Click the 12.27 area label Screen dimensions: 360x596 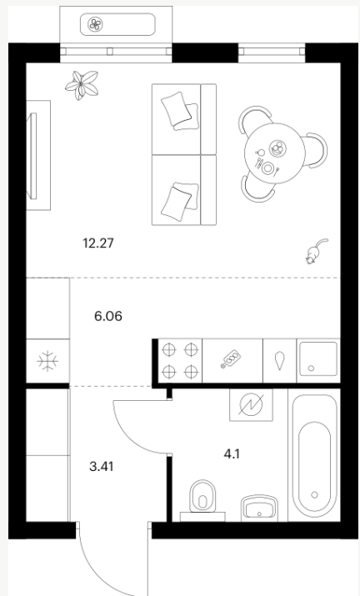pyautogui.click(x=98, y=243)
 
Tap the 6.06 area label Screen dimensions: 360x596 pyautogui.click(x=108, y=316)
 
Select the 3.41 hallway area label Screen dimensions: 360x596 pyautogui.click(x=102, y=466)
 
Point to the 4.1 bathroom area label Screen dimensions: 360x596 pyautogui.click(x=232, y=453)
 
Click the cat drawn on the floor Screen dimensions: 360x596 pyautogui.click(x=317, y=251)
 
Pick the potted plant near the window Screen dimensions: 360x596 pyautogui.click(x=82, y=85)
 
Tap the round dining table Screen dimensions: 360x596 pyautogui.click(x=274, y=153)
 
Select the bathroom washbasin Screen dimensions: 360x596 pyautogui.click(x=259, y=508)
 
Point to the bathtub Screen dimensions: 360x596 pyautogui.click(x=314, y=455)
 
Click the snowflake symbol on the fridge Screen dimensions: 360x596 pyautogui.click(x=47, y=361)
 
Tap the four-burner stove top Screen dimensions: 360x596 pyautogui.click(x=180, y=361)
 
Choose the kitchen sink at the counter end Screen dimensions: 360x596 pyautogui.click(x=318, y=359)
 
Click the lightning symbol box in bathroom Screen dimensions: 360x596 pyautogui.click(x=251, y=404)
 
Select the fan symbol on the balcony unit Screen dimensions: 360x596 pyautogui.click(x=95, y=25)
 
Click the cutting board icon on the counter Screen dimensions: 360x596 pyautogui.click(x=231, y=359)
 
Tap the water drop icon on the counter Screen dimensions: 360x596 pyautogui.click(x=280, y=360)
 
